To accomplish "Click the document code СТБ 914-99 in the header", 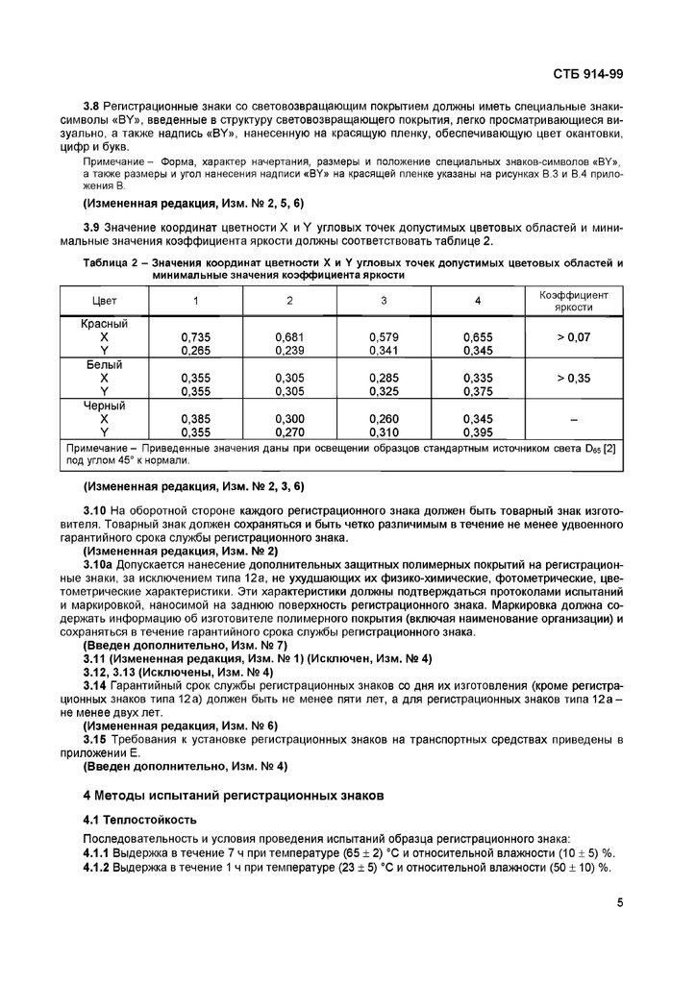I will (x=588, y=72).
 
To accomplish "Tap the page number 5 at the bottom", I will (x=620, y=901).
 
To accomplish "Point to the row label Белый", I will (x=104, y=366).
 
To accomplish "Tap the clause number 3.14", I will (x=96, y=684).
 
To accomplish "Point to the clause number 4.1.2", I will (x=100, y=867).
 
